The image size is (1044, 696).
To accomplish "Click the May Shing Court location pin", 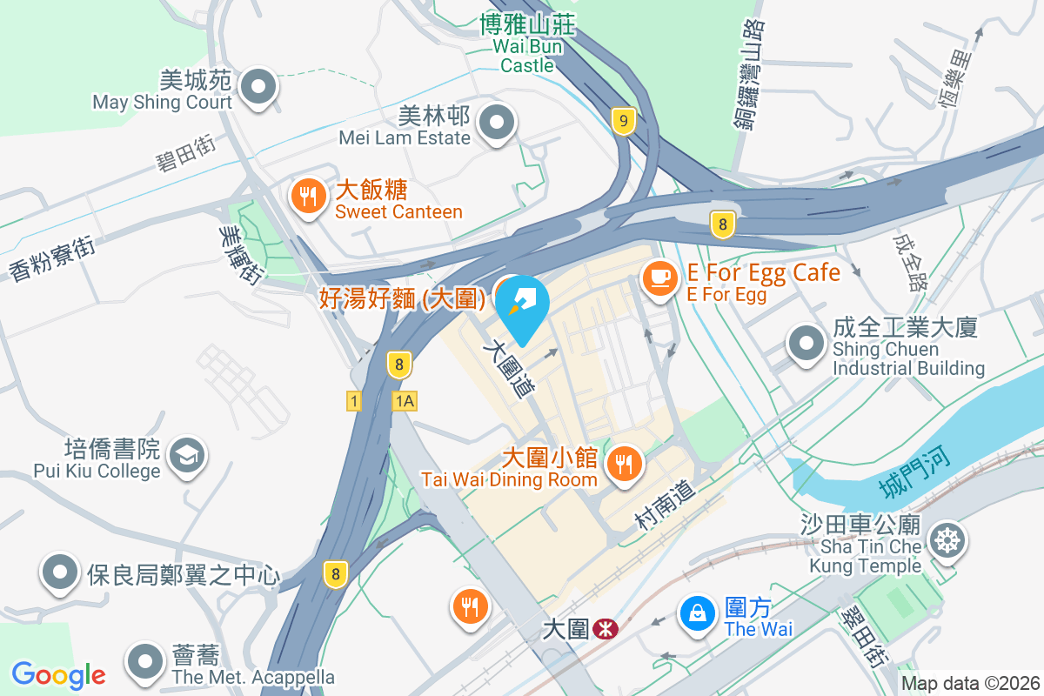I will pos(258,87).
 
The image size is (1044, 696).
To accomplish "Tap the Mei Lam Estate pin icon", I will pos(498,123).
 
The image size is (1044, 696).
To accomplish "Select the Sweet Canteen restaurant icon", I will pos(307,196).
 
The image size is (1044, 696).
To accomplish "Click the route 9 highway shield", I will pos(620,120).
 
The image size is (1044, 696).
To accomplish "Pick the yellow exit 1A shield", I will pos(404,401).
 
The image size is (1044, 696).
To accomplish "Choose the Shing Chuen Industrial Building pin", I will pos(806,343).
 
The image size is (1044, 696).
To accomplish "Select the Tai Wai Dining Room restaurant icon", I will pos(624,462).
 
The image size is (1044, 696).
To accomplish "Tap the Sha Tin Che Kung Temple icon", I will pos(946,541).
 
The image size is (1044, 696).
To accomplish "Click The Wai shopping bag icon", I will pos(698,612).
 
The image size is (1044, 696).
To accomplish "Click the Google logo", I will pos(58,674).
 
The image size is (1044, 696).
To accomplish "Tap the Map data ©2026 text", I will pos(970,683).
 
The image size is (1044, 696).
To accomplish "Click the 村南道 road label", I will pos(666,507).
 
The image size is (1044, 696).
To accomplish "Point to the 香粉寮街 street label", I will pos(52,258).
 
